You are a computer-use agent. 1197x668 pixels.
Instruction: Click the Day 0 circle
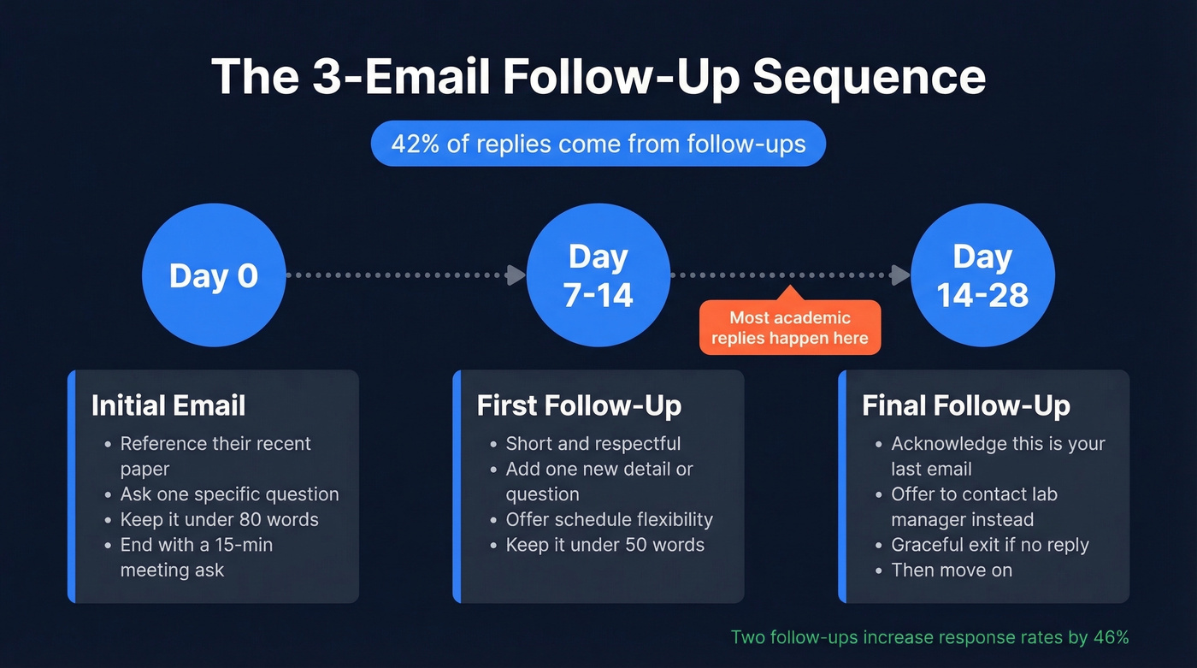tap(213, 275)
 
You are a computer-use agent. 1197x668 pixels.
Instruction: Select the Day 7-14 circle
tap(598, 275)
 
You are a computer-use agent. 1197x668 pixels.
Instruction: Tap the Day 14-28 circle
tap(982, 275)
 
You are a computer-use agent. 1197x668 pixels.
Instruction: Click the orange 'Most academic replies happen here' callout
tap(789, 328)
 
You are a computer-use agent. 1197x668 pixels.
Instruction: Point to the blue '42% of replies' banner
tap(598, 143)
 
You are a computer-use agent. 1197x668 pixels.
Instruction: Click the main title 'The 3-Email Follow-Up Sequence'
tap(598, 77)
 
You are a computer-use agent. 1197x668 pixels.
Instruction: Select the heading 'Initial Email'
tap(168, 405)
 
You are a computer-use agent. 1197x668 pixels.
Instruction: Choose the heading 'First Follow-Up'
tap(579, 405)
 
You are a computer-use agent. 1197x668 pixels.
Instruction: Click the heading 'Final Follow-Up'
tap(965, 405)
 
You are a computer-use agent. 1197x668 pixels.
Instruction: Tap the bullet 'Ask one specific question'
tap(229, 494)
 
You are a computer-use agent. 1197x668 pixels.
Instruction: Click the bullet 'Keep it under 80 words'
tap(219, 520)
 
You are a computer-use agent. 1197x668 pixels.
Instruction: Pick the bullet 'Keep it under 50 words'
tap(604, 545)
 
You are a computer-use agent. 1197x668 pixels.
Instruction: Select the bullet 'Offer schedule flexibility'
tap(609, 520)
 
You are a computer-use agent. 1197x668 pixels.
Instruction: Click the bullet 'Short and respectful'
tap(593, 444)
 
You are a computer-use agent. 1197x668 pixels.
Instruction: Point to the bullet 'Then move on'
tap(952, 570)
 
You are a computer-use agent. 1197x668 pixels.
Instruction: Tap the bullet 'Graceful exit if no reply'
tap(990, 545)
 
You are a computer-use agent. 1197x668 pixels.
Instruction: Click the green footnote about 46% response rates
tap(929, 637)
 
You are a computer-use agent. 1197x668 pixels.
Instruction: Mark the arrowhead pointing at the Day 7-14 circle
tap(516, 275)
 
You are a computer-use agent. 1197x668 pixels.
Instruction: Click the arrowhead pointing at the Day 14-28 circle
tap(900, 275)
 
